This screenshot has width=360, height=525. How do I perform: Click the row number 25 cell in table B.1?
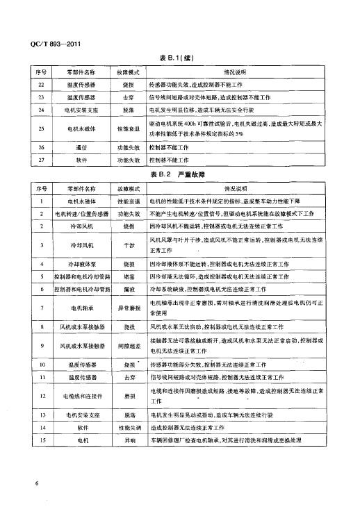(x=41, y=128)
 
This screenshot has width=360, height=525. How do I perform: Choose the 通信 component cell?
(x=81, y=148)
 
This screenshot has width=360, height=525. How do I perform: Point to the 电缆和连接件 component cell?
(x=81, y=396)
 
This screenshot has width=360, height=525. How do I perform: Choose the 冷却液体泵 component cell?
(x=81, y=265)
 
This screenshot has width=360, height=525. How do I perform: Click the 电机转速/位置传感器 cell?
(x=81, y=214)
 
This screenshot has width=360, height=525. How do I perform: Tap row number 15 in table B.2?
(x=42, y=440)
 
